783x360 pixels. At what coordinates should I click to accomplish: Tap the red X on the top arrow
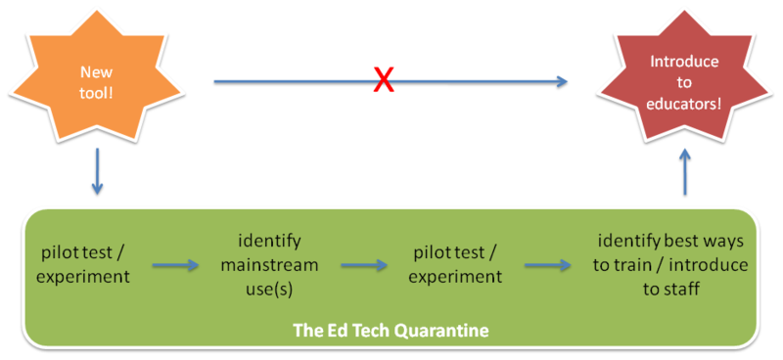pos(384,82)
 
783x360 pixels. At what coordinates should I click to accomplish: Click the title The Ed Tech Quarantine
pos(391,331)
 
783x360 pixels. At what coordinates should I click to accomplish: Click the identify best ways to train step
pos(674,264)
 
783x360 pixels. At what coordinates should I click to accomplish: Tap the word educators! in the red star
pos(684,101)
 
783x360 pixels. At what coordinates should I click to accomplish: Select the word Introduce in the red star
pos(684,62)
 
